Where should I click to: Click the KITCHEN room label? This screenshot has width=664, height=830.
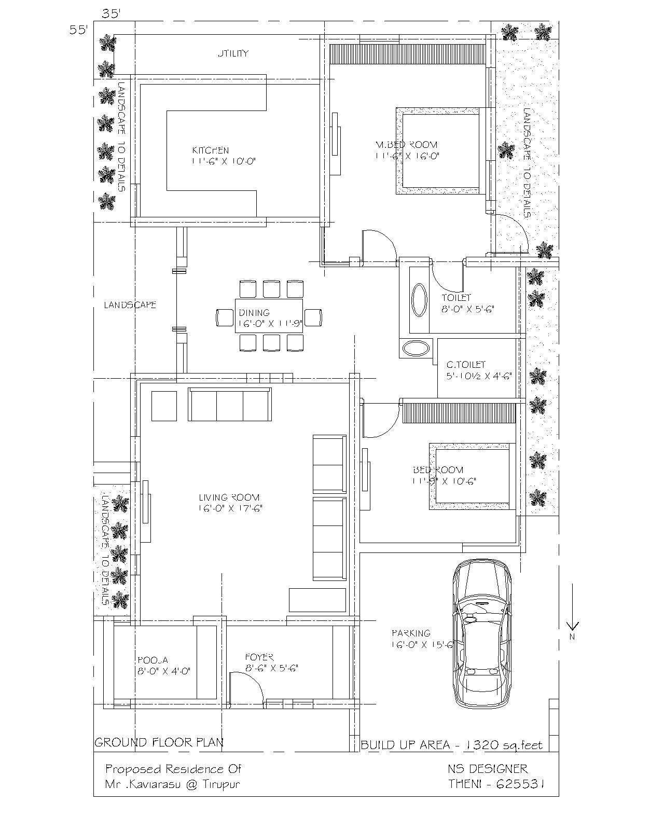[x=210, y=150]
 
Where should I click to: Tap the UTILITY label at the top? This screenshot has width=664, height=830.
[x=233, y=53]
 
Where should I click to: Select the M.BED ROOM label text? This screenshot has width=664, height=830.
[x=406, y=145]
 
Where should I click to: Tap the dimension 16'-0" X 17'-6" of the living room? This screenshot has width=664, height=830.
[x=230, y=508]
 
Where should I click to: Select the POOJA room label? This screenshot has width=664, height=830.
[x=153, y=660]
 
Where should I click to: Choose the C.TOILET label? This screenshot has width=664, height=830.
[x=466, y=365]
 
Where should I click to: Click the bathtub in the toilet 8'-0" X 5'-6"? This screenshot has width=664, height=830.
[x=418, y=300]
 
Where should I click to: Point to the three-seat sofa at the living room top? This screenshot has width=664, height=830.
[x=229, y=405]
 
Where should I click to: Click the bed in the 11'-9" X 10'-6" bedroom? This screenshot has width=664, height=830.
[x=470, y=475]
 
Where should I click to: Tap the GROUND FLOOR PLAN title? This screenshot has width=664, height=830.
[x=159, y=742]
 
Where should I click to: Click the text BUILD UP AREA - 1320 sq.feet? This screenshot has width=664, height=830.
[x=451, y=745]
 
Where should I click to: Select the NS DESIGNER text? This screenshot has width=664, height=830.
[x=488, y=769]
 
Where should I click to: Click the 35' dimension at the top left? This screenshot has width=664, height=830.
[x=111, y=14]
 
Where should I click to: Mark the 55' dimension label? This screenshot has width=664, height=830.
[x=79, y=30]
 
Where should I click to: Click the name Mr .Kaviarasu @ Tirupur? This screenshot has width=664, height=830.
[x=172, y=784]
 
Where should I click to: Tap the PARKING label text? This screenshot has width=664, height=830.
[x=411, y=633]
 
